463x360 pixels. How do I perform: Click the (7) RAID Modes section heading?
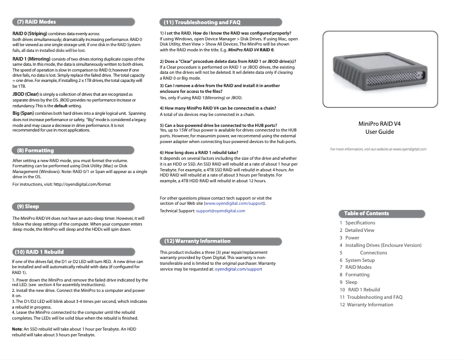[36, 22]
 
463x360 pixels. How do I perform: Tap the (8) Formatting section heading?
[36, 151]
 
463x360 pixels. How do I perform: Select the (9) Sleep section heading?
[28, 206]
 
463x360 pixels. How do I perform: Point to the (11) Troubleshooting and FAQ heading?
[202, 22]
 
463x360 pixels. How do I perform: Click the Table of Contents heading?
[367, 213]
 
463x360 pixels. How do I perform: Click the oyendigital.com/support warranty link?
[238, 269]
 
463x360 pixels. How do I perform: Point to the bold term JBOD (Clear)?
[25, 93]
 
